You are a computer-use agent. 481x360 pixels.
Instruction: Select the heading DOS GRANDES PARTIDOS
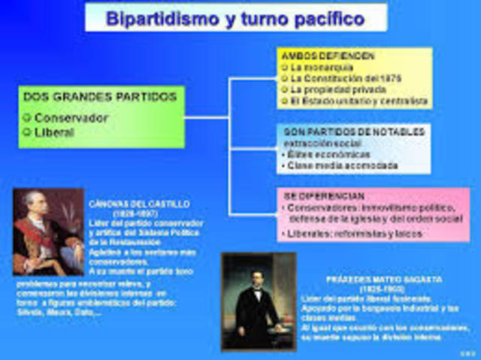tap(100, 97)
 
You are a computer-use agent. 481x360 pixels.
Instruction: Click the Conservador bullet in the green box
tap(71, 118)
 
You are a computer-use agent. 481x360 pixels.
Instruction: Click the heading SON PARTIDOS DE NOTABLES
tap(354, 132)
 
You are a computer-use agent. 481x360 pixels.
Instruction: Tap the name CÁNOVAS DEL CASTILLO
tap(144, 204)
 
